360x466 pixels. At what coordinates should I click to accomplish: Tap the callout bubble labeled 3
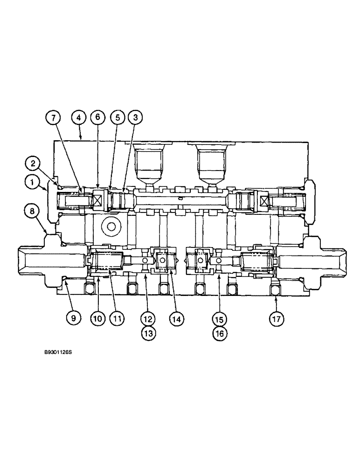point(135,118)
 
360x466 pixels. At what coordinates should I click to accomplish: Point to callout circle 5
point(117,118)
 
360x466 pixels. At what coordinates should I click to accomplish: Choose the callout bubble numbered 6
point(98,118)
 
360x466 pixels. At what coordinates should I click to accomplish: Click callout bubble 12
point(148,319)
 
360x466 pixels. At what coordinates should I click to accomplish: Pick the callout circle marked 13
point(148,332)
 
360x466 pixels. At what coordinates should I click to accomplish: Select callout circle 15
point(219,319)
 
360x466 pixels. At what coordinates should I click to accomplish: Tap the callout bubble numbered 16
point(219,332)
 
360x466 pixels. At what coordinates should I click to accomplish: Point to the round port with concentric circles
point(111,227)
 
